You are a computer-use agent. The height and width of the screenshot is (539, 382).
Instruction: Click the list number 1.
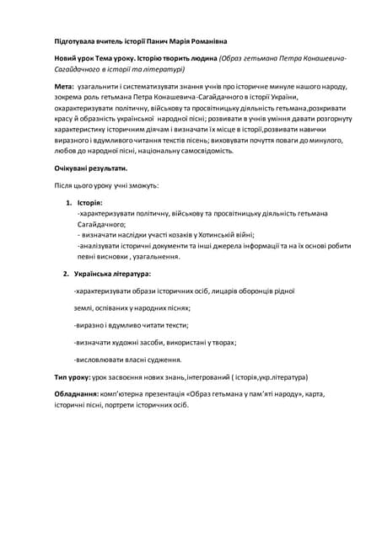[x=69, y=204]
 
